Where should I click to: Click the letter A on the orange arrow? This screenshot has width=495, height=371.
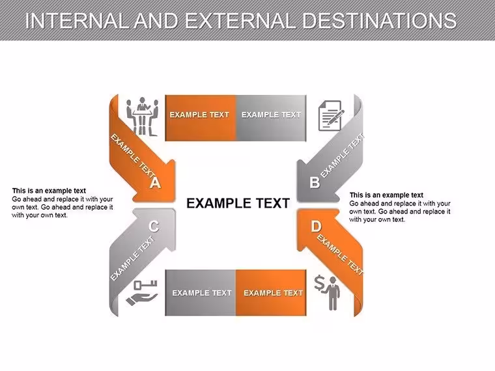point(155,182)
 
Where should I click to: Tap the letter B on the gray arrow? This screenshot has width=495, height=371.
point(315,183)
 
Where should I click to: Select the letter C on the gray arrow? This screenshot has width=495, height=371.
point(154,227)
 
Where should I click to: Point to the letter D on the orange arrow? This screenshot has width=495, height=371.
point(316,227)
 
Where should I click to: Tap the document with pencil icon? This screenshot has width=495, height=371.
point(331,115)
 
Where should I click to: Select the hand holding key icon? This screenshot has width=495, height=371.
point(142,292)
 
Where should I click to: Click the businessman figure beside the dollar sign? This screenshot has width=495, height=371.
point(333,294)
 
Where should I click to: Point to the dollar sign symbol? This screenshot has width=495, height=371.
point(320,283)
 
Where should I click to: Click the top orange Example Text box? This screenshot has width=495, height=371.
point(201,118)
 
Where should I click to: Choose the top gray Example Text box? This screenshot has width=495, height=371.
point(271,118)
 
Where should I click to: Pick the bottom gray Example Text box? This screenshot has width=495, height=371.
point(201,293)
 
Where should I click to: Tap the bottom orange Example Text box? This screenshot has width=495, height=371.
point(271,293)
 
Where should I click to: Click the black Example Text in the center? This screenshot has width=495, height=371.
point(238,203)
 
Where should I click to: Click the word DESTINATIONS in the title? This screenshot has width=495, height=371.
point(379,21)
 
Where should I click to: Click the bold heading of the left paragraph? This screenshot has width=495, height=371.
point(49,191)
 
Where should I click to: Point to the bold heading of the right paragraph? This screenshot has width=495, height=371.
point(386,195)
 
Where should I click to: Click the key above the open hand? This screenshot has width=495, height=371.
point(145,285)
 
